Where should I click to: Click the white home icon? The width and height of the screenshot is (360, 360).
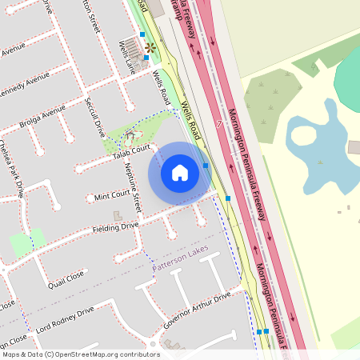[180, 172]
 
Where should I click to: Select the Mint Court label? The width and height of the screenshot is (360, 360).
[112, 195]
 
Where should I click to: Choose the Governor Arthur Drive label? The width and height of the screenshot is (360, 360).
[197, 310]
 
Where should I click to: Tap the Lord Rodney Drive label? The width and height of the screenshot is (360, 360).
[64, 320]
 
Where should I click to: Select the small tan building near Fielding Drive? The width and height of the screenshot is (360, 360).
[118, 216]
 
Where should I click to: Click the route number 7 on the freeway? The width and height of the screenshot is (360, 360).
[218, 124]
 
